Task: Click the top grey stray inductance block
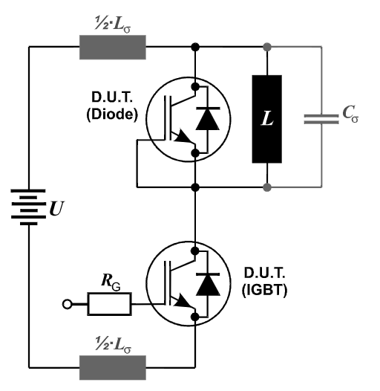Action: tap(113, 47)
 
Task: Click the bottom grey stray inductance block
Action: tap(113, 367)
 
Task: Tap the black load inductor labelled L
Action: tap(267, 119)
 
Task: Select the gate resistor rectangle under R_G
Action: tap(109, 304)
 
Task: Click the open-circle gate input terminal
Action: tap(67, 305)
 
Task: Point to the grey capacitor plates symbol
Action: tap(321, 119)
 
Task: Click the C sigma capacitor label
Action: tap(350, 114)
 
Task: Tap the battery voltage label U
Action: tap(56, 208)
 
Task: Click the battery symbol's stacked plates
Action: tap(28, 207)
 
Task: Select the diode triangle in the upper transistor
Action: tap(208, 119)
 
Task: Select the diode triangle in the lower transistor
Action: tap(208, 285)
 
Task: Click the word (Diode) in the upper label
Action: tap(112, 114)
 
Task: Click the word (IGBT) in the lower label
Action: tap(264, 290)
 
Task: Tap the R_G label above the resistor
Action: tap(111, 282)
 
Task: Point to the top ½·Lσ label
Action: tap(113, 25)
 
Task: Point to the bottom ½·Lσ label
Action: tap(113, 345)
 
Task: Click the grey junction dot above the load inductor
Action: tap(267, 47)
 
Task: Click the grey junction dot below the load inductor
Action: tap(267, 187)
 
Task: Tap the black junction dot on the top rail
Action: tap(195, 47)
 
